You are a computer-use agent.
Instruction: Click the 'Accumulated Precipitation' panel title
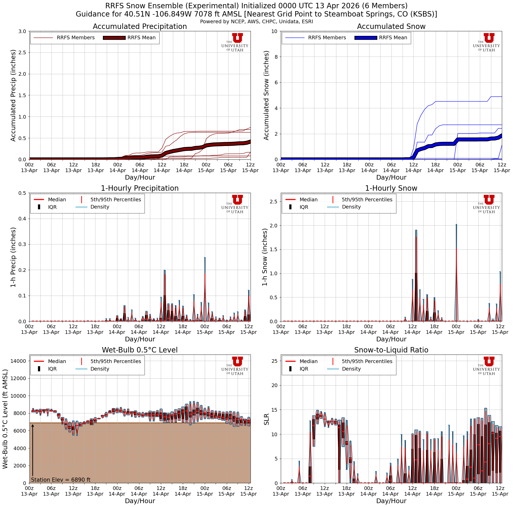pyautogui.click(x=140, y=27)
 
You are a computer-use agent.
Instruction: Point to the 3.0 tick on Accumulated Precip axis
pyautogui.click(x=22, y=31)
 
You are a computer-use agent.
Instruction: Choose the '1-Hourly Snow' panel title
pyautogui.click(x=391, y=188)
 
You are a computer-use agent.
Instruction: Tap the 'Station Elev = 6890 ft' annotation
pyautogui.click(x=61, y=480)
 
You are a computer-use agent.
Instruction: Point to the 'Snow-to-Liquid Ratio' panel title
pyautogui.click(x=391, y=350)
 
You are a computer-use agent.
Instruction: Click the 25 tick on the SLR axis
pyautogui.click(x=275, y=361)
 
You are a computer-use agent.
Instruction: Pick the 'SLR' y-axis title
pyautogui.click(x=266, y=419)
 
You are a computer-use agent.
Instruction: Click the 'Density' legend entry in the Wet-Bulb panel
pyautogui.click(x=100, y=369)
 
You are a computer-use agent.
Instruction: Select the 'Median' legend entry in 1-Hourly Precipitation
pyautogui.click(x=57, y=199)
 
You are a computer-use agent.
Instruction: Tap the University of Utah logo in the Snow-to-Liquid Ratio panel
pyautogui.click(x=489, y=366)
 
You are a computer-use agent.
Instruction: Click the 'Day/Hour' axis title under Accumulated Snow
pyautogui.click(x=391, y=177)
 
